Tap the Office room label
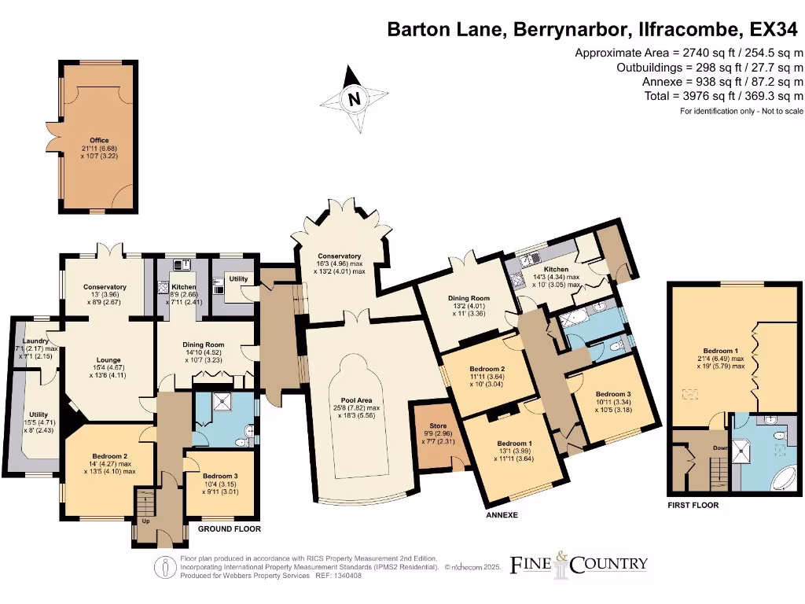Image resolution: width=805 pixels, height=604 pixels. [99, 141]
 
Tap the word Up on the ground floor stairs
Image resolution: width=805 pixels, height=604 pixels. [145, 521]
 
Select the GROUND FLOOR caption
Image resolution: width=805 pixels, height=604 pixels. [229, 529]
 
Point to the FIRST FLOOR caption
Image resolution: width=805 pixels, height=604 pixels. [693, 506]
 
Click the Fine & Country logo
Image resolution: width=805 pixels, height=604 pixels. [579, 563]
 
